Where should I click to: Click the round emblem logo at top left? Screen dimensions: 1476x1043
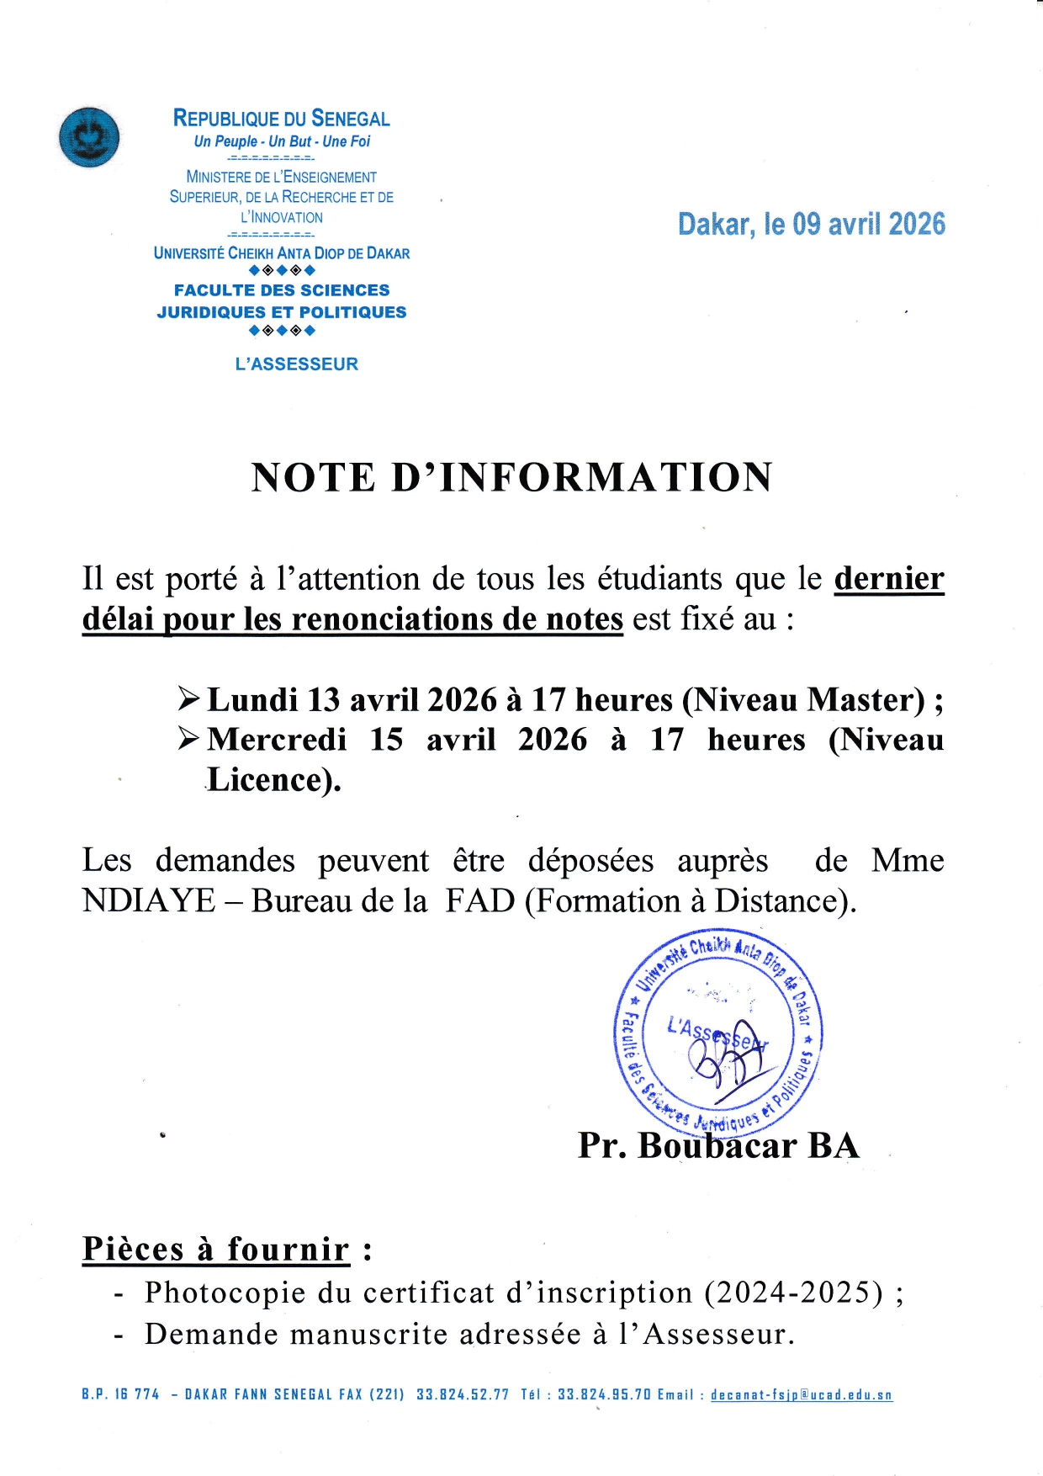89,137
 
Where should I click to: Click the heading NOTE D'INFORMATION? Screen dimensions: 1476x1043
511,477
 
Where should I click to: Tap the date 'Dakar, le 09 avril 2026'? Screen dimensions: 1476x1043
811,224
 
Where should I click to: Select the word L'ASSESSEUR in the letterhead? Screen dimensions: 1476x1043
296,364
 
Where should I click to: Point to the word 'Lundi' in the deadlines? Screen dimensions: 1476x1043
252,700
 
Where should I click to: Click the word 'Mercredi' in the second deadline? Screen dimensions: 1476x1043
277,740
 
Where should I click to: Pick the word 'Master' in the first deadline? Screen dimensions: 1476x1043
866,700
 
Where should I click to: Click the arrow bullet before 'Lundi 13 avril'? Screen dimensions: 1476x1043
188,698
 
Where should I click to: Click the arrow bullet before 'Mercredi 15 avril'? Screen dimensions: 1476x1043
188,738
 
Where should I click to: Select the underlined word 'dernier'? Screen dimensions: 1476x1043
889,579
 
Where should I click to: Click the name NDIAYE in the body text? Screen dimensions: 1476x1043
149,901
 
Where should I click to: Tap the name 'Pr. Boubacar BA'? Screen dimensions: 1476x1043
718,1146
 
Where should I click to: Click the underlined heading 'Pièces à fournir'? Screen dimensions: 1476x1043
215,1250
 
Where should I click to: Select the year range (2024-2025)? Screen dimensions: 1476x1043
794,1293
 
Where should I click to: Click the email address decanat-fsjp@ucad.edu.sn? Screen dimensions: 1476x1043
801,1395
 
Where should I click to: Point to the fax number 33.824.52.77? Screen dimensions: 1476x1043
463,1395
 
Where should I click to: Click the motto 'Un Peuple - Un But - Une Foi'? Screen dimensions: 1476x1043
282,141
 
